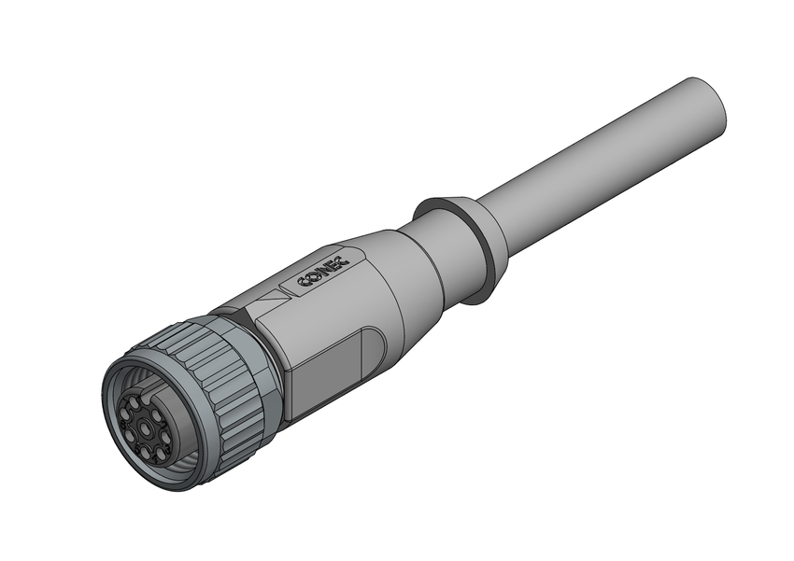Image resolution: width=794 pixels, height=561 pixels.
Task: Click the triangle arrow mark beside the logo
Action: tap(270, 302)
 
